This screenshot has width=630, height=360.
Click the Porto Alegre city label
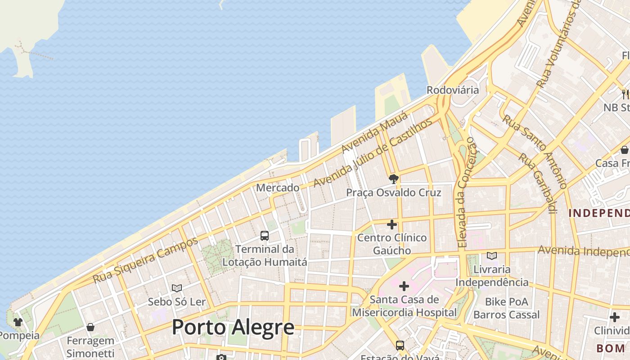pos(233,327)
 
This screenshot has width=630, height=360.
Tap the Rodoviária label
pos(453,90)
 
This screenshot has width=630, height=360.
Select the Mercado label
pos(278,188)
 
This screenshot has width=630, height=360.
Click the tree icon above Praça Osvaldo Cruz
pos(393,179)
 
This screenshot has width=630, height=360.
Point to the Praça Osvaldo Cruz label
pos(393,193)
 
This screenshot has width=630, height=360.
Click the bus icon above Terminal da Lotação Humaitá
pos(265,235)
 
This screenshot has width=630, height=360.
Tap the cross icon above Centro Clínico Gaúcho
pos(392,224)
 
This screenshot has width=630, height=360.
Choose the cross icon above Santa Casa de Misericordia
pos(404,286)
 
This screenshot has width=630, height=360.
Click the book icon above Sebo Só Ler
pos(177,288)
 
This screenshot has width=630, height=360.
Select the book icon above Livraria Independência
pos(492,256)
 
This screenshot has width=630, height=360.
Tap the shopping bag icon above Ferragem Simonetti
pos(90,327)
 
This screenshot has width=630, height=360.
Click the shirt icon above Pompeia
pos(18,322)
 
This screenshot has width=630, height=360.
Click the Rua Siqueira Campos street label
pos(145,260)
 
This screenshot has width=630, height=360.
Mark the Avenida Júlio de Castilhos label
pos(373,153)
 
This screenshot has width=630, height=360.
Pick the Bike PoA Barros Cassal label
pos(506,308)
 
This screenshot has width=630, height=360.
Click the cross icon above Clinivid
pos(614,317)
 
